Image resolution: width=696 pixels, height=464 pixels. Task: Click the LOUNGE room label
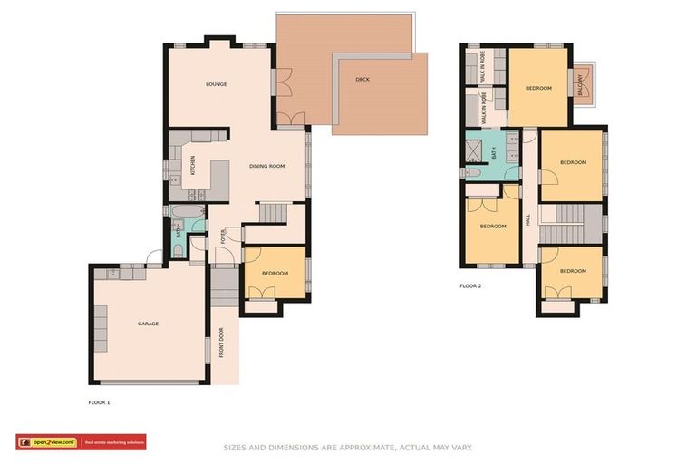[216, 84]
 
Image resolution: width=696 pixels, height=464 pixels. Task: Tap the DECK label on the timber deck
[362, 80]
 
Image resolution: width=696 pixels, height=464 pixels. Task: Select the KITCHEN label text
[192, 166]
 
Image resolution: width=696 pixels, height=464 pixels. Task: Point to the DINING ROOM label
[267, 166]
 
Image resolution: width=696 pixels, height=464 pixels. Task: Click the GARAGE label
[148, 324]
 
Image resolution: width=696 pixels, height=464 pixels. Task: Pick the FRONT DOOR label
[220, 342]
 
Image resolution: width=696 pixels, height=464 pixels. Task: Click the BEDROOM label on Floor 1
[275, 273]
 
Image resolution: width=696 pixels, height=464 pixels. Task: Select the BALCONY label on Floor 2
[581, 84]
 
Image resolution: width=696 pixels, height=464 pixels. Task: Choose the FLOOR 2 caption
[470, 285]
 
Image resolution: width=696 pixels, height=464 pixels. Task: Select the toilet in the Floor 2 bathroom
[472, 172]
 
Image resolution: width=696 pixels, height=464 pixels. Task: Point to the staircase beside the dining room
[272, 213]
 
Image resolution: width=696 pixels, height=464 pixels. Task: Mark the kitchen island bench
[219, 179]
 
